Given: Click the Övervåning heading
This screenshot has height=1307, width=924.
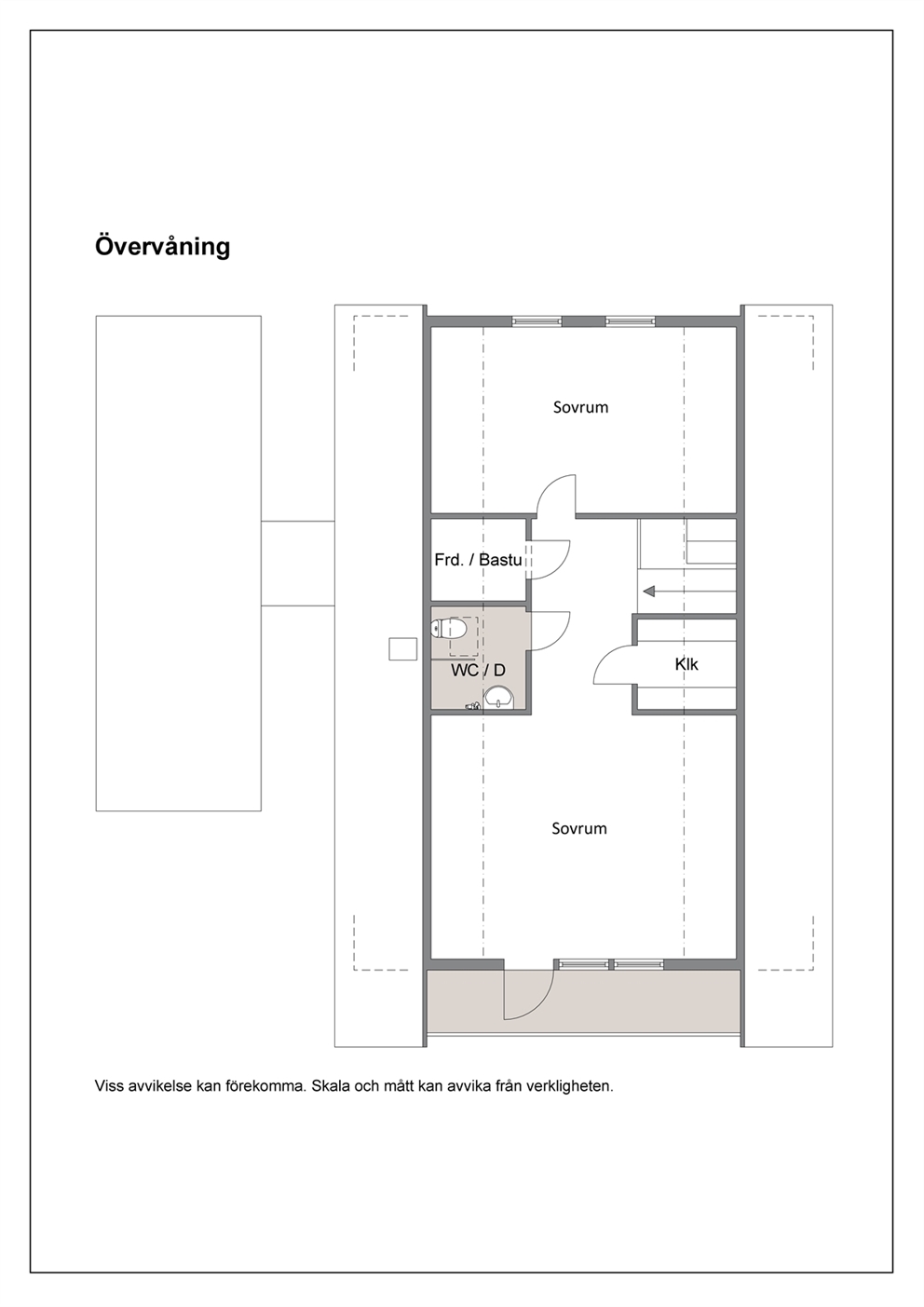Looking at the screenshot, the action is click(x=163, y=246).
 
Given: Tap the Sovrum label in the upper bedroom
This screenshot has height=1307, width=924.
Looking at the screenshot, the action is click(x=580, y=407).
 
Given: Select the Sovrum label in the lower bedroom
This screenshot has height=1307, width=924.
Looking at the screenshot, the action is click(x=579, y=828).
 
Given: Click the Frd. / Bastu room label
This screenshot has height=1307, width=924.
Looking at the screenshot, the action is click(x=479, y=560).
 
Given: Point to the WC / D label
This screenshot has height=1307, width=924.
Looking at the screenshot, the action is click(x=479, y=671).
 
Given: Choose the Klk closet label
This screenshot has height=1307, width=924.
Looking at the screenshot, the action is click(x=686, y=664).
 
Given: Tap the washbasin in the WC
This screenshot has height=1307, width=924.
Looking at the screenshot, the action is click(x=498, y=698).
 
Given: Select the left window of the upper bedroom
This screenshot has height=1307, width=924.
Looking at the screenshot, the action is click(x=537, y=320).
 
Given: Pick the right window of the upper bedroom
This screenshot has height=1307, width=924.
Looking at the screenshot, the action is click(x=630, y=320).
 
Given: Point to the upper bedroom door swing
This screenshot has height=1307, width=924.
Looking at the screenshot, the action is click(x=549, y=486).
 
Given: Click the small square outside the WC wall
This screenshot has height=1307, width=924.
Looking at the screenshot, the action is click(x=403, y=649).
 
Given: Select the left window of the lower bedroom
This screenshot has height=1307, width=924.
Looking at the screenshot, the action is click(x=581, y=964).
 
